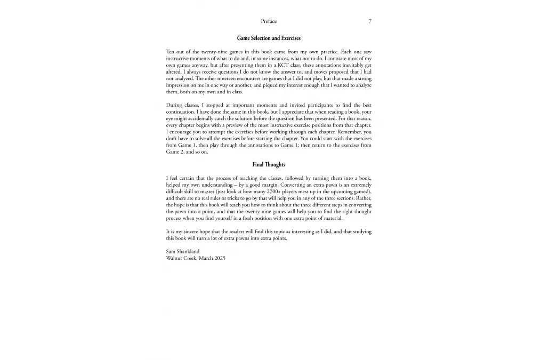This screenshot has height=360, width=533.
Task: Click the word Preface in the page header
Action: (269, 21)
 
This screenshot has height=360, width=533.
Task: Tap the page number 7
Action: (370, 21)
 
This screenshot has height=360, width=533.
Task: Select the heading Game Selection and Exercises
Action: (269, 38)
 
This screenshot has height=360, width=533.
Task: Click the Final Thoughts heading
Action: (269, 165)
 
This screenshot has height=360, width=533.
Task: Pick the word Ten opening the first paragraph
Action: (171, 52)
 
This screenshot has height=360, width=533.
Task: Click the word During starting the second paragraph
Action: (174, 105)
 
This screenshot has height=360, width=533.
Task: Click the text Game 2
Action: (174, 152)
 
